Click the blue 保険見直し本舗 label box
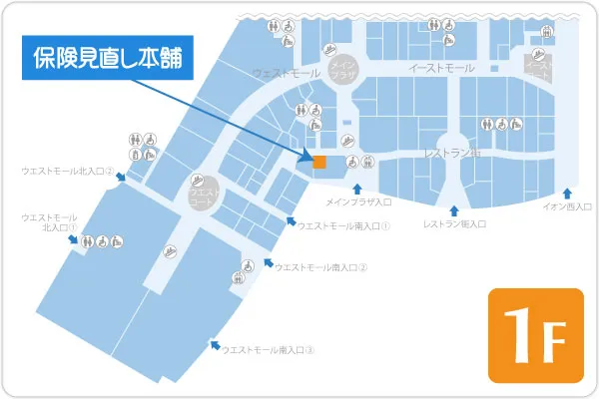pyautogui.click(x=108, y=59)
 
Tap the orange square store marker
pyautogui.click(x=319, y=162)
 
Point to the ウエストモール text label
pyautogui.click(x=287, y=74)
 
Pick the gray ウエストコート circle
pyautogui.click(x=200, y=192)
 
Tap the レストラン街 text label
pyautogui.click(x=452, y=154)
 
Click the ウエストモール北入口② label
pyautogui.click(x=67, y=172)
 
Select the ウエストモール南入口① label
pyautogui.click(x=343, y=225)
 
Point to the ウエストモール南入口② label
pyautogui.click(x=320, y=266)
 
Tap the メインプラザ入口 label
pyautogui.click(x=359, y=202)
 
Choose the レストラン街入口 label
pyautogui.click(x=454, y=223)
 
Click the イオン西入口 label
pyautogui.click(x=567, y=206)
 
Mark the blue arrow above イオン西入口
pyautogui.click(x=567, y=193)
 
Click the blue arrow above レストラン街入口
pyautogui.click(x=454, y=209)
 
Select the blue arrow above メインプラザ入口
pyautogui.click(x=357, y=188)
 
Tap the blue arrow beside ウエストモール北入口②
pyautogui.click(x=120, y=177)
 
